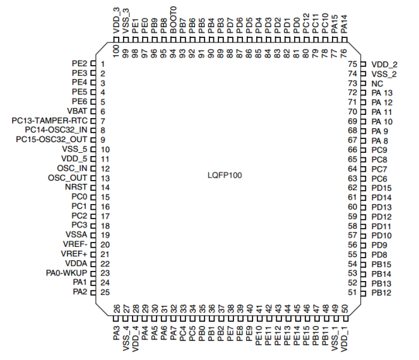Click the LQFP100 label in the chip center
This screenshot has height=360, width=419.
[x=225, y=174]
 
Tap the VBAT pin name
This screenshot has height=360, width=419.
[x=76, y=111]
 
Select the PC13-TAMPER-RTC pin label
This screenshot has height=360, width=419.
[x=49, y=121]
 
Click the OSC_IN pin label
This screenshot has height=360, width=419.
[x=72, y=168]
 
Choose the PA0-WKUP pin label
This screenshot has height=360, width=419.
[x=66, y=272]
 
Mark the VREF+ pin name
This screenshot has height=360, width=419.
[x=73, y=253]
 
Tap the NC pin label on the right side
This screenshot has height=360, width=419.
[x=377, y=83]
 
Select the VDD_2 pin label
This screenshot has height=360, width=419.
[x=384, y=64]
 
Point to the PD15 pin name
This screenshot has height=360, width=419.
[x=382, y=188]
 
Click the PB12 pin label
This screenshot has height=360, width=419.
[x=382, y=292]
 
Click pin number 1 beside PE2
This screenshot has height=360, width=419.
[x=102, y=64]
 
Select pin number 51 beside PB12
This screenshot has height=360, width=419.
[x=352, y=292]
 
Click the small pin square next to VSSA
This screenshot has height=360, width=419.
[x=92, y=234]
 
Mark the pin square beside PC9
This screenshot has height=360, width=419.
[x=363, y=150]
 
